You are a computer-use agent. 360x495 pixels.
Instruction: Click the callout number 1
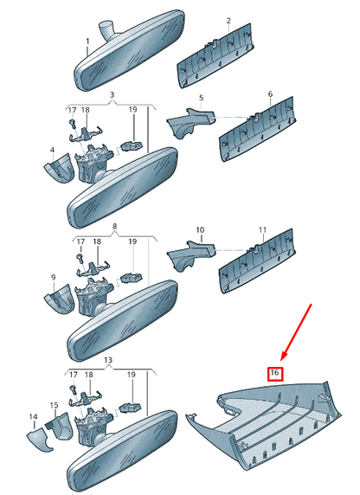point(87,42)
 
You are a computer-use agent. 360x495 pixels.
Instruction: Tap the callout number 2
point(228,21)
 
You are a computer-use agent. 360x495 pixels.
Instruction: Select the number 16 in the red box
point(274,373)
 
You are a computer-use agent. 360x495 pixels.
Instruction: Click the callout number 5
point(202,98)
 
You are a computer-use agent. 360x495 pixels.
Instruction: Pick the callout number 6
point(270,94)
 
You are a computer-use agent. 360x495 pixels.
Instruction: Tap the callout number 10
point(200,230)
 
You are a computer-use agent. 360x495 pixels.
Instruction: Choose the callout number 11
point(262,230)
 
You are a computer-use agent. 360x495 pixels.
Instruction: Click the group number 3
point(112,94)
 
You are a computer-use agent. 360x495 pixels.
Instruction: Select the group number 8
point(114,227)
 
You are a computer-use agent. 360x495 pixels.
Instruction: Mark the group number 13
point(108,360)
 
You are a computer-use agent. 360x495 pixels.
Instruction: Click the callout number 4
point(53,150)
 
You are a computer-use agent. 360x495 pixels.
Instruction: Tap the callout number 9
point(53,278)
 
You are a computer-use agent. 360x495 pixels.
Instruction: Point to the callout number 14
point(33,417)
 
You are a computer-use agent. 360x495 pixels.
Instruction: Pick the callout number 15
point(54,405)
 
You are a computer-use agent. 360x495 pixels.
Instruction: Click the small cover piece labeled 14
point(39,439)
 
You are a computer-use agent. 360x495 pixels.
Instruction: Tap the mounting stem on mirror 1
point(107,29)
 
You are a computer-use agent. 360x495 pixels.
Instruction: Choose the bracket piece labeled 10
point(190,255)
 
